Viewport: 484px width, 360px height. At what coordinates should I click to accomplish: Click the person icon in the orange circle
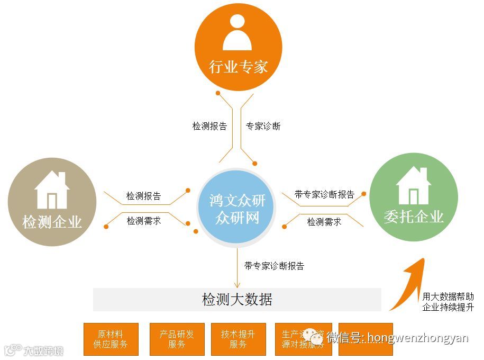(x=238, y=33)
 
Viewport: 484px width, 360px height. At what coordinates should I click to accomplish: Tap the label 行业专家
(x=238, y=67)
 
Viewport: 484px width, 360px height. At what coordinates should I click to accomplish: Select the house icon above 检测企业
(x=52, y=190)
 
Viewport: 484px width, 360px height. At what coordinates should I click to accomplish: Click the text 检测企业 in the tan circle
(x=52, y=221)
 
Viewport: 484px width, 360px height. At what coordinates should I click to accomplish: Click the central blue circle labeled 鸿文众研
(x=238, y=209)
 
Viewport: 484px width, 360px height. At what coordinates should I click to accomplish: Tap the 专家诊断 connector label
(x=263, y=127)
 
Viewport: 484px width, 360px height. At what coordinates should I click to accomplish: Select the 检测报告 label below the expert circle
(x=209, y=127)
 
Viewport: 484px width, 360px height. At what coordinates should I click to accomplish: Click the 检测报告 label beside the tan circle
(x=143, y=196)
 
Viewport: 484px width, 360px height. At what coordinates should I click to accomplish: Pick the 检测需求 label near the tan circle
(x=143, y=221)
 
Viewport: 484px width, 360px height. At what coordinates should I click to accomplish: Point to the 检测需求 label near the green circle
(x=324, y=222)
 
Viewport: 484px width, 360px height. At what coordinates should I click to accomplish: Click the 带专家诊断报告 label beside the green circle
(x=324, y=194)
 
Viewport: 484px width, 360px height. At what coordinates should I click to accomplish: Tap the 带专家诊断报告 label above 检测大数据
(x=274, y=266)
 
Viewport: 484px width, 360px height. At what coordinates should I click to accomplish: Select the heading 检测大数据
(x=237, y=300)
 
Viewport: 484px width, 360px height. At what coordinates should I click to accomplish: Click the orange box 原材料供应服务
(x=111, y=339)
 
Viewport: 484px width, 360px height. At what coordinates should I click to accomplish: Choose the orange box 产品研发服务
(x=177, y=339)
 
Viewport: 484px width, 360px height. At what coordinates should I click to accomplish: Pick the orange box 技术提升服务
(x=238, y=339)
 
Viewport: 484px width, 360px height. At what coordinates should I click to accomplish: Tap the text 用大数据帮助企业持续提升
(x=448, y=302)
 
